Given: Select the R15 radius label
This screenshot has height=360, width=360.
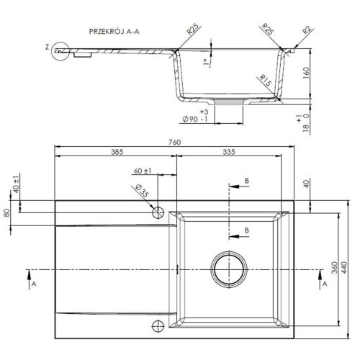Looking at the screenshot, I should pyautogui.click(x=266, y=81).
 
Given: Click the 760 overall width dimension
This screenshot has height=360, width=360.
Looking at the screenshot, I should pyautogui.click(x=174, y=143).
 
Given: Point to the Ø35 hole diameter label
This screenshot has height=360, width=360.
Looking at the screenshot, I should pyautogui.click(x=143, y=192).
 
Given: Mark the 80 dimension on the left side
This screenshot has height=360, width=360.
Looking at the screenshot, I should pyautogui.click(x=6, y=213).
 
